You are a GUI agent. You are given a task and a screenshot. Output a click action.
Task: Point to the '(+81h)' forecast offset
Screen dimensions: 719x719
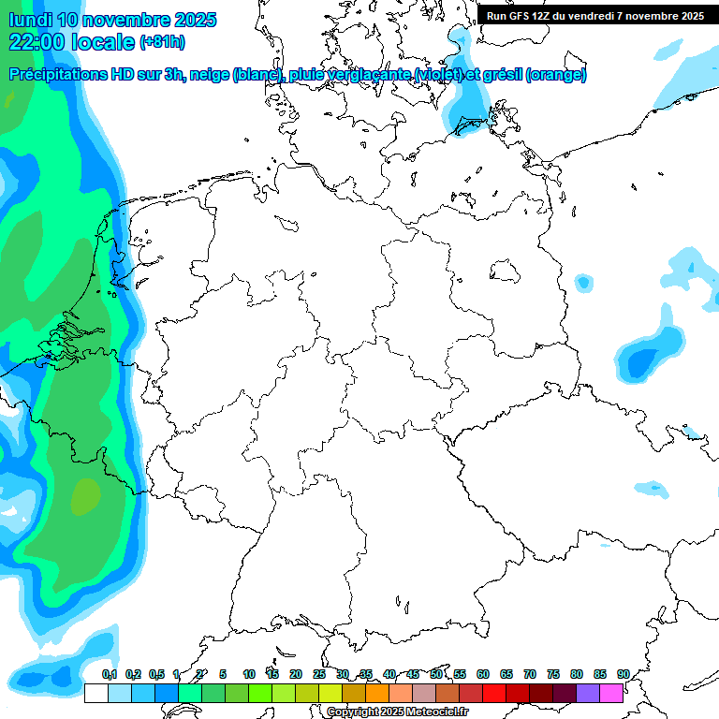pos(162,42)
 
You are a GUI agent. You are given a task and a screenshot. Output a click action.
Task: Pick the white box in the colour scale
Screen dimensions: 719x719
pos(95,694)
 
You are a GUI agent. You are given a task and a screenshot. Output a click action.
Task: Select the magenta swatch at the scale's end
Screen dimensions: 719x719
pos(611,694)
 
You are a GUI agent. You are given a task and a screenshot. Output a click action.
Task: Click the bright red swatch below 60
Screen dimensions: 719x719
pos(494,694)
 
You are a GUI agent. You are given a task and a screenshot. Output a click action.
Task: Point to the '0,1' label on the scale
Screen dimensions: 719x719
pos(110,675)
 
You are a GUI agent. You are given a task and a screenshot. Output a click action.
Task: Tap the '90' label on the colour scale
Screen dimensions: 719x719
pos(623,675)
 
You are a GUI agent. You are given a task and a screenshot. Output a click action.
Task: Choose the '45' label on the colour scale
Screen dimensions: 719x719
pos(413,675)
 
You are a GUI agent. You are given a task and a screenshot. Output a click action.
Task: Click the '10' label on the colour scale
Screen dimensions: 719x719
pos(249,675)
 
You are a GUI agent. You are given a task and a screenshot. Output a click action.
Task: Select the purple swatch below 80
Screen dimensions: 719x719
pos(588,694)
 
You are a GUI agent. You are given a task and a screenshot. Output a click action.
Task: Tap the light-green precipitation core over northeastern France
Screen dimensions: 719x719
pos(85,496)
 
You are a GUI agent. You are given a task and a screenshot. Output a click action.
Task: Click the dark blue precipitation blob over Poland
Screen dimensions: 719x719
pos(643,359)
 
